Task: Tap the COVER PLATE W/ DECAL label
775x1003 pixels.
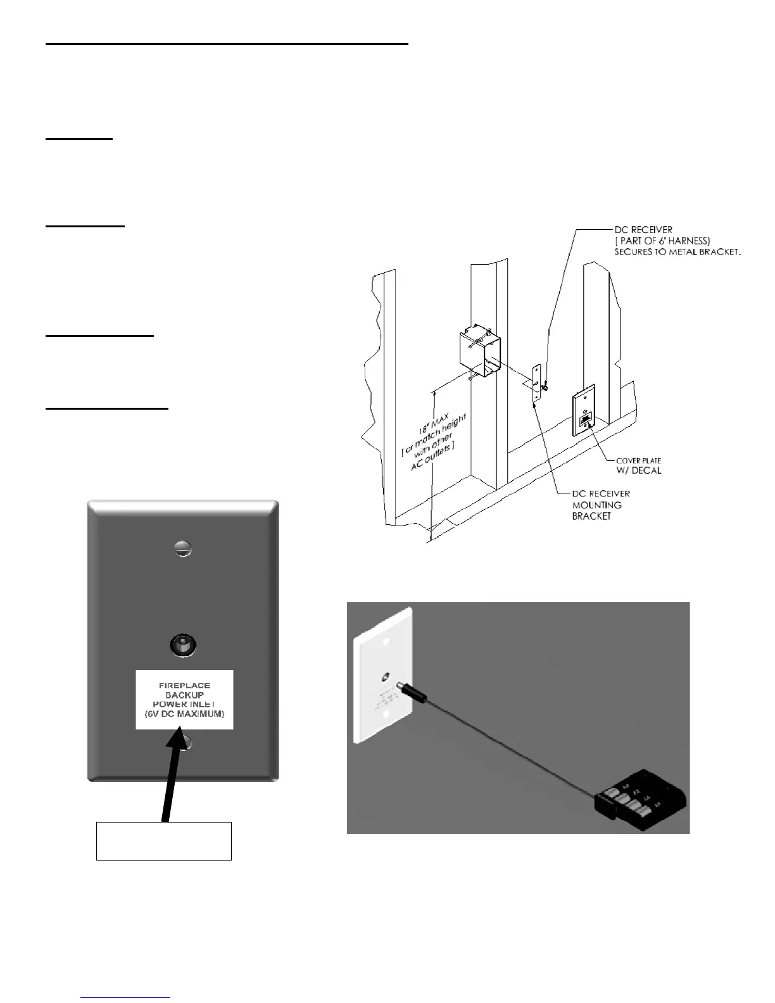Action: tap(639, 465)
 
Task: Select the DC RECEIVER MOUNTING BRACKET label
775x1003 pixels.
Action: tap(601, 505)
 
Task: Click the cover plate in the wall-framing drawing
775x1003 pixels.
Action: tap(584, 415)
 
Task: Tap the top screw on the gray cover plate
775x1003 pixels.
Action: tap(182, 548)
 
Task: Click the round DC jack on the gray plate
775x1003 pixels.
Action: tap(183, 646)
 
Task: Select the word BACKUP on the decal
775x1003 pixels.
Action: tap(184, 695)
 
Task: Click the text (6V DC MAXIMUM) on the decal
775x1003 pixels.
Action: tap(184, 714)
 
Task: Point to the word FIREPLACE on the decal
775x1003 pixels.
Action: tap(184, 685)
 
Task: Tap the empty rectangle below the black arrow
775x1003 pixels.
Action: tap(163, 841)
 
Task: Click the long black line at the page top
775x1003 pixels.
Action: tap(227, 44)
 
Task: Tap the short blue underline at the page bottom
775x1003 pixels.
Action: tap(126, 997)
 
